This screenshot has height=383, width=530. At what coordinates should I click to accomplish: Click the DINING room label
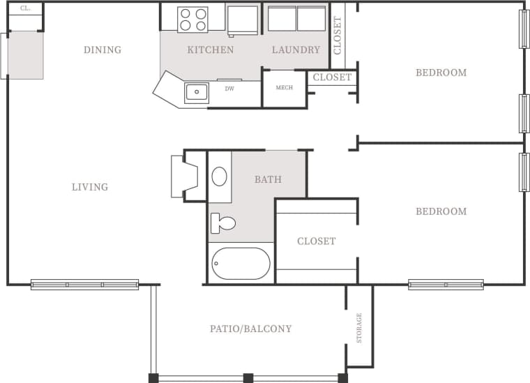[103, 50]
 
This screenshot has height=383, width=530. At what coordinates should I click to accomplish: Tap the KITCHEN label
[211, 50]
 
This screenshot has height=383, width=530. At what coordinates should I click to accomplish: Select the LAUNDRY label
[296, 50]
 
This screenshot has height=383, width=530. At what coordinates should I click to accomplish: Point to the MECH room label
[284, 88]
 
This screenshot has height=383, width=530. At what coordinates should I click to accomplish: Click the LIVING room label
[90, 187]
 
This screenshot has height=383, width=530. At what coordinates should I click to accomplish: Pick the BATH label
[268, 179]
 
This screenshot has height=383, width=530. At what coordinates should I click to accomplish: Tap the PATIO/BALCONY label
[251, 329]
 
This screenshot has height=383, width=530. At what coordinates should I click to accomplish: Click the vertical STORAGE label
[359, 328]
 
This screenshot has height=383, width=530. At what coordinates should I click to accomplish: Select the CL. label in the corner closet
[25, 9]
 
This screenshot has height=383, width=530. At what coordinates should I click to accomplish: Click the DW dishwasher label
[229, 89]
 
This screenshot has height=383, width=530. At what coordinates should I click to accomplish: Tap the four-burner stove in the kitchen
[192, 19]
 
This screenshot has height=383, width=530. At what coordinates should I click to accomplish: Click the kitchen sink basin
[197, 92]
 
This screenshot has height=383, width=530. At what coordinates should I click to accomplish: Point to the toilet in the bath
[223, 223]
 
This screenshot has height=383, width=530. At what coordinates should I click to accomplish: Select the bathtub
[241, 263]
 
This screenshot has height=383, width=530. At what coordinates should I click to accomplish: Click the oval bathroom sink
[219, 176]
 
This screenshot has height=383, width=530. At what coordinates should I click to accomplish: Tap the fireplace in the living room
[183, 177]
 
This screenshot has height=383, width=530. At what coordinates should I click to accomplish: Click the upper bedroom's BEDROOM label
[441, 73]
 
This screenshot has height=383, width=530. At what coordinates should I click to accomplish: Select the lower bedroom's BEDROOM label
[441, 211]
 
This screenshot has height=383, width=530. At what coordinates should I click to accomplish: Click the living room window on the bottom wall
[84, 285]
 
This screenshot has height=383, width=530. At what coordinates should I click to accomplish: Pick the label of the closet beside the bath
[316, 241]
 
